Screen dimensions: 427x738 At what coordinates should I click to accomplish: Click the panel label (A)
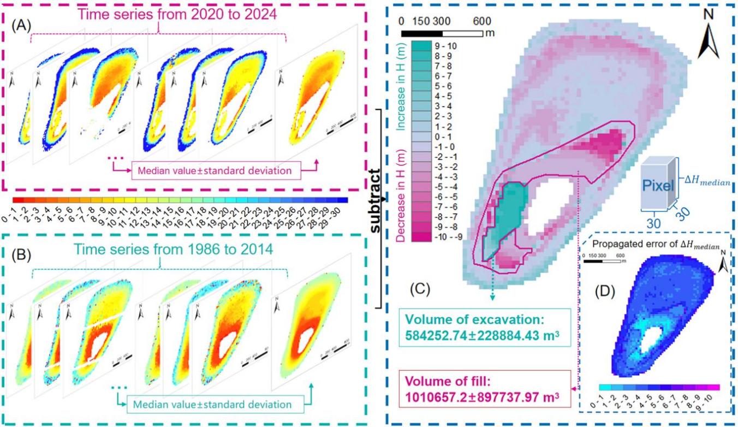tap(23, 26)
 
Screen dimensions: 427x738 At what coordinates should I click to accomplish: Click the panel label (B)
tap(23, 253)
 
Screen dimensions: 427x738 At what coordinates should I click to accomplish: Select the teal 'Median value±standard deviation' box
tap(209, 405)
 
